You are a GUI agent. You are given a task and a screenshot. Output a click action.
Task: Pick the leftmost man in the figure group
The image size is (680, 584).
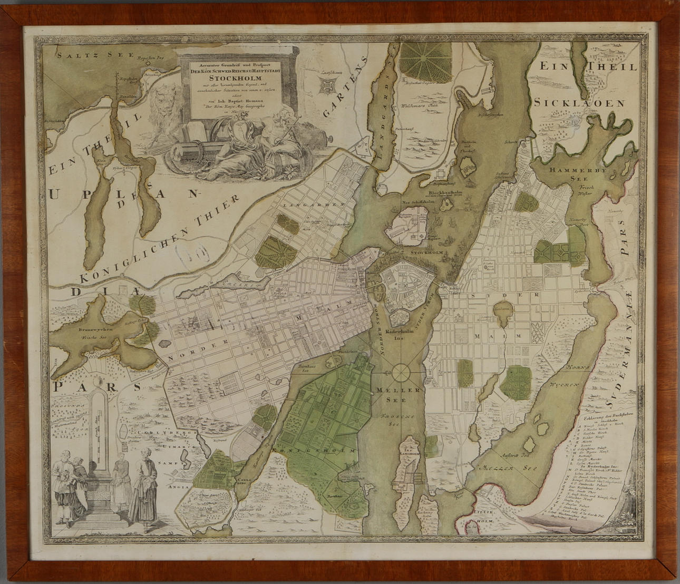tap(61, 485)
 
